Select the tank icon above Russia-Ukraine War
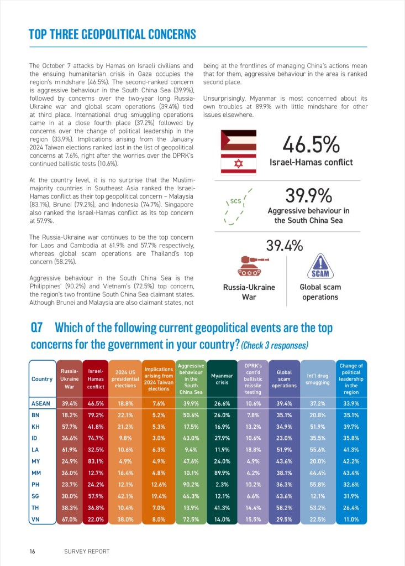(249, 266)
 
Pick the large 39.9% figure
(308, 195)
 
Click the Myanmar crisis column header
(222, 379)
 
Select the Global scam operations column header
(284, 379)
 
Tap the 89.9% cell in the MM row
(222, 472)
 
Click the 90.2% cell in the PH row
(191, 484)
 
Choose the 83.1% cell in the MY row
(96, 461)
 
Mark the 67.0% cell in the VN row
(69, 520)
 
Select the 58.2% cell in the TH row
(284, 508)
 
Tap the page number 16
(33, 551)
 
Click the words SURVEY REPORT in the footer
(87, 551)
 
